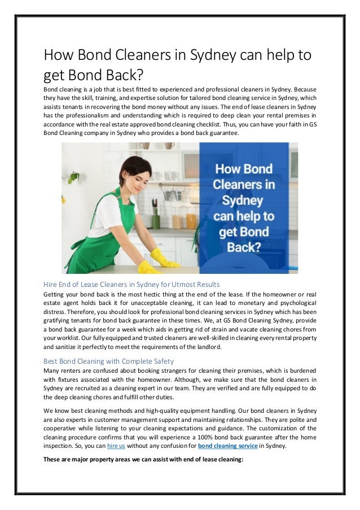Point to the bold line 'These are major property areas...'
[143, 459]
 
